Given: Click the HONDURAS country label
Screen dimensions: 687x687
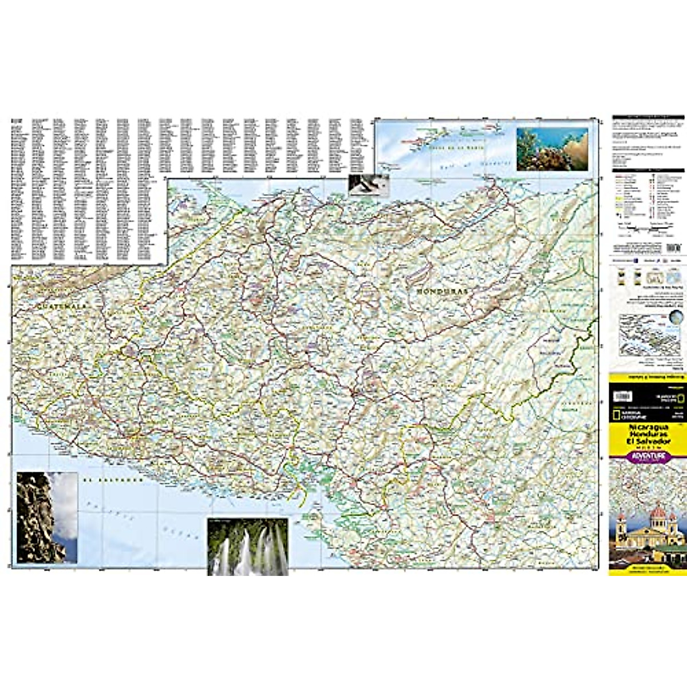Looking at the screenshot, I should coord(442,291).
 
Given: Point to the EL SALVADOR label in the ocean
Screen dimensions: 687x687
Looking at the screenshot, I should coord(112,480).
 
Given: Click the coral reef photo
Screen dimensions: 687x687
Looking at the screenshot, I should coord(552,149).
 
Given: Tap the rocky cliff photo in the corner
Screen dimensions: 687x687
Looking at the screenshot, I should coord(47,517).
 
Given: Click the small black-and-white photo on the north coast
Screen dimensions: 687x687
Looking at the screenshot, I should coord(369,185).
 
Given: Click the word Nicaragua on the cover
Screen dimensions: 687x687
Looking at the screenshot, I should coord(647,428).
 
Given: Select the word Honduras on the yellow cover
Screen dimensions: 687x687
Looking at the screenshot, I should coord(647,435).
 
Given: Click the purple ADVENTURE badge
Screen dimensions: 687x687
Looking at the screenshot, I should coord(647,456).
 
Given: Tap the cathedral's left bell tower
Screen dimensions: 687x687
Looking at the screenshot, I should coord(621,524).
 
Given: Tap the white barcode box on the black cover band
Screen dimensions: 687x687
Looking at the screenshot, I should coord(624,396).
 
